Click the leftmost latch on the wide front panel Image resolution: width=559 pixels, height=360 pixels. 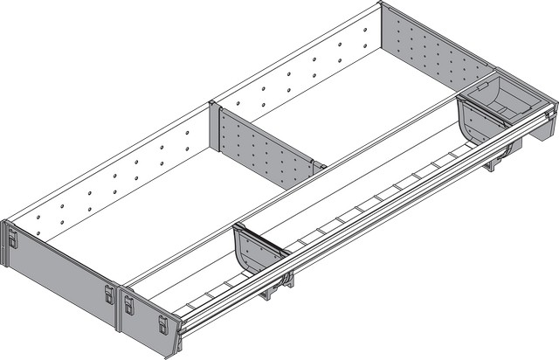[x=12, y=238]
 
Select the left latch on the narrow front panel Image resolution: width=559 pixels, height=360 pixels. [x=128, y=304]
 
